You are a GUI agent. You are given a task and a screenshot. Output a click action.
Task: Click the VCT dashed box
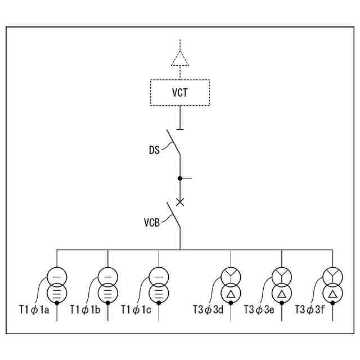[x=180, y=92]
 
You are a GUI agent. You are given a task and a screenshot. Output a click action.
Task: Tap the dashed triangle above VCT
[x=180, y=58]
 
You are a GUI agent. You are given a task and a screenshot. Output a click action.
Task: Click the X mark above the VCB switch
[x=180, y=201]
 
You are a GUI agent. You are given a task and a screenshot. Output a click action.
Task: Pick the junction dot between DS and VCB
[x=180, y=178]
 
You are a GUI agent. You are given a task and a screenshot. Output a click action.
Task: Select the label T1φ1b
[x=85, y=309]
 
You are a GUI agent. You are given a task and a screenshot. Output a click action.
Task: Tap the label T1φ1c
[x=136, y=309]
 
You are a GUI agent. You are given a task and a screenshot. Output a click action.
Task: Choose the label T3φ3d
[x=208, y=309]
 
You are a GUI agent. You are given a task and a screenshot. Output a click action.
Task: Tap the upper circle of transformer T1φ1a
[x=57, y=276]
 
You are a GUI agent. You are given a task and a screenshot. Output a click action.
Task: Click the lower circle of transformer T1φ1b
[x=107, y=293]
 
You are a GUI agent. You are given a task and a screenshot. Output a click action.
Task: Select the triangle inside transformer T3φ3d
[x=231, y=294]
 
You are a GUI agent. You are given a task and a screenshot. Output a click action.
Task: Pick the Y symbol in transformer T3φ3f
[x=332, y=276]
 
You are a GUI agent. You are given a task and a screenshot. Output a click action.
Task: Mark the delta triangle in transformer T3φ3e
[x=282, y=294]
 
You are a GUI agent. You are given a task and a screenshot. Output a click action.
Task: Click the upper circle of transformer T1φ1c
[x=158, y=276]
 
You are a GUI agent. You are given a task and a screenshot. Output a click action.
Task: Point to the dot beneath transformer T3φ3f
[x=332, y=303]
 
